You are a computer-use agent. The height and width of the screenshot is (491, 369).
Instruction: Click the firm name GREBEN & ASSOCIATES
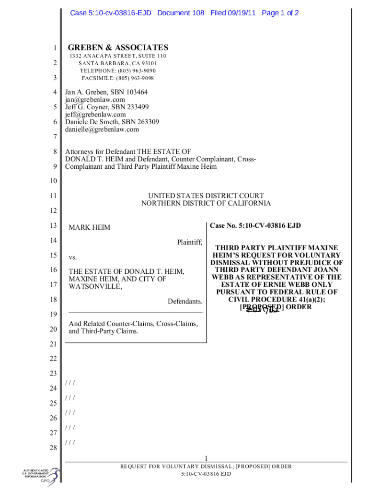pyautogui.click(x=118, y=47)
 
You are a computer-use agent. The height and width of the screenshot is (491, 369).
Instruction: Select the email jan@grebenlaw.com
pyautogui.click(x=95, y=100)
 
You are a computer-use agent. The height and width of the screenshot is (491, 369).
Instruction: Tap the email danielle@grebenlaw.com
pyautogui.click(x=102, y=129)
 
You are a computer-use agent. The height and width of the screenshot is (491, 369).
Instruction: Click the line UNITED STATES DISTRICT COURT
pyautogui.click(x=206, y=196)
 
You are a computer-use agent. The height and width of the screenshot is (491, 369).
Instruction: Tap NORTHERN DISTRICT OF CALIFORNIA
pyautogui.click(x=206, y=203)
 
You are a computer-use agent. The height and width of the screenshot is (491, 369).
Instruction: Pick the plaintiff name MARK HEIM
pyautogui.click(x=89, y=227)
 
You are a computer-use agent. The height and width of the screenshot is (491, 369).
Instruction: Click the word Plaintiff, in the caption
pyautogui.click(x=190, y=242)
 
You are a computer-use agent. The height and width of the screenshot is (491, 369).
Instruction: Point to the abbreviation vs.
pyautogui.click(x=73, y=257)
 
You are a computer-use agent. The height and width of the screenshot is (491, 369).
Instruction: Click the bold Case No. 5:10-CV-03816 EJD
pyautogui.click(x=255, y=226)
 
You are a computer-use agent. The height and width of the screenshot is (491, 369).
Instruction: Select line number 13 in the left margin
pyautogui.click(x=54, y=226)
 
